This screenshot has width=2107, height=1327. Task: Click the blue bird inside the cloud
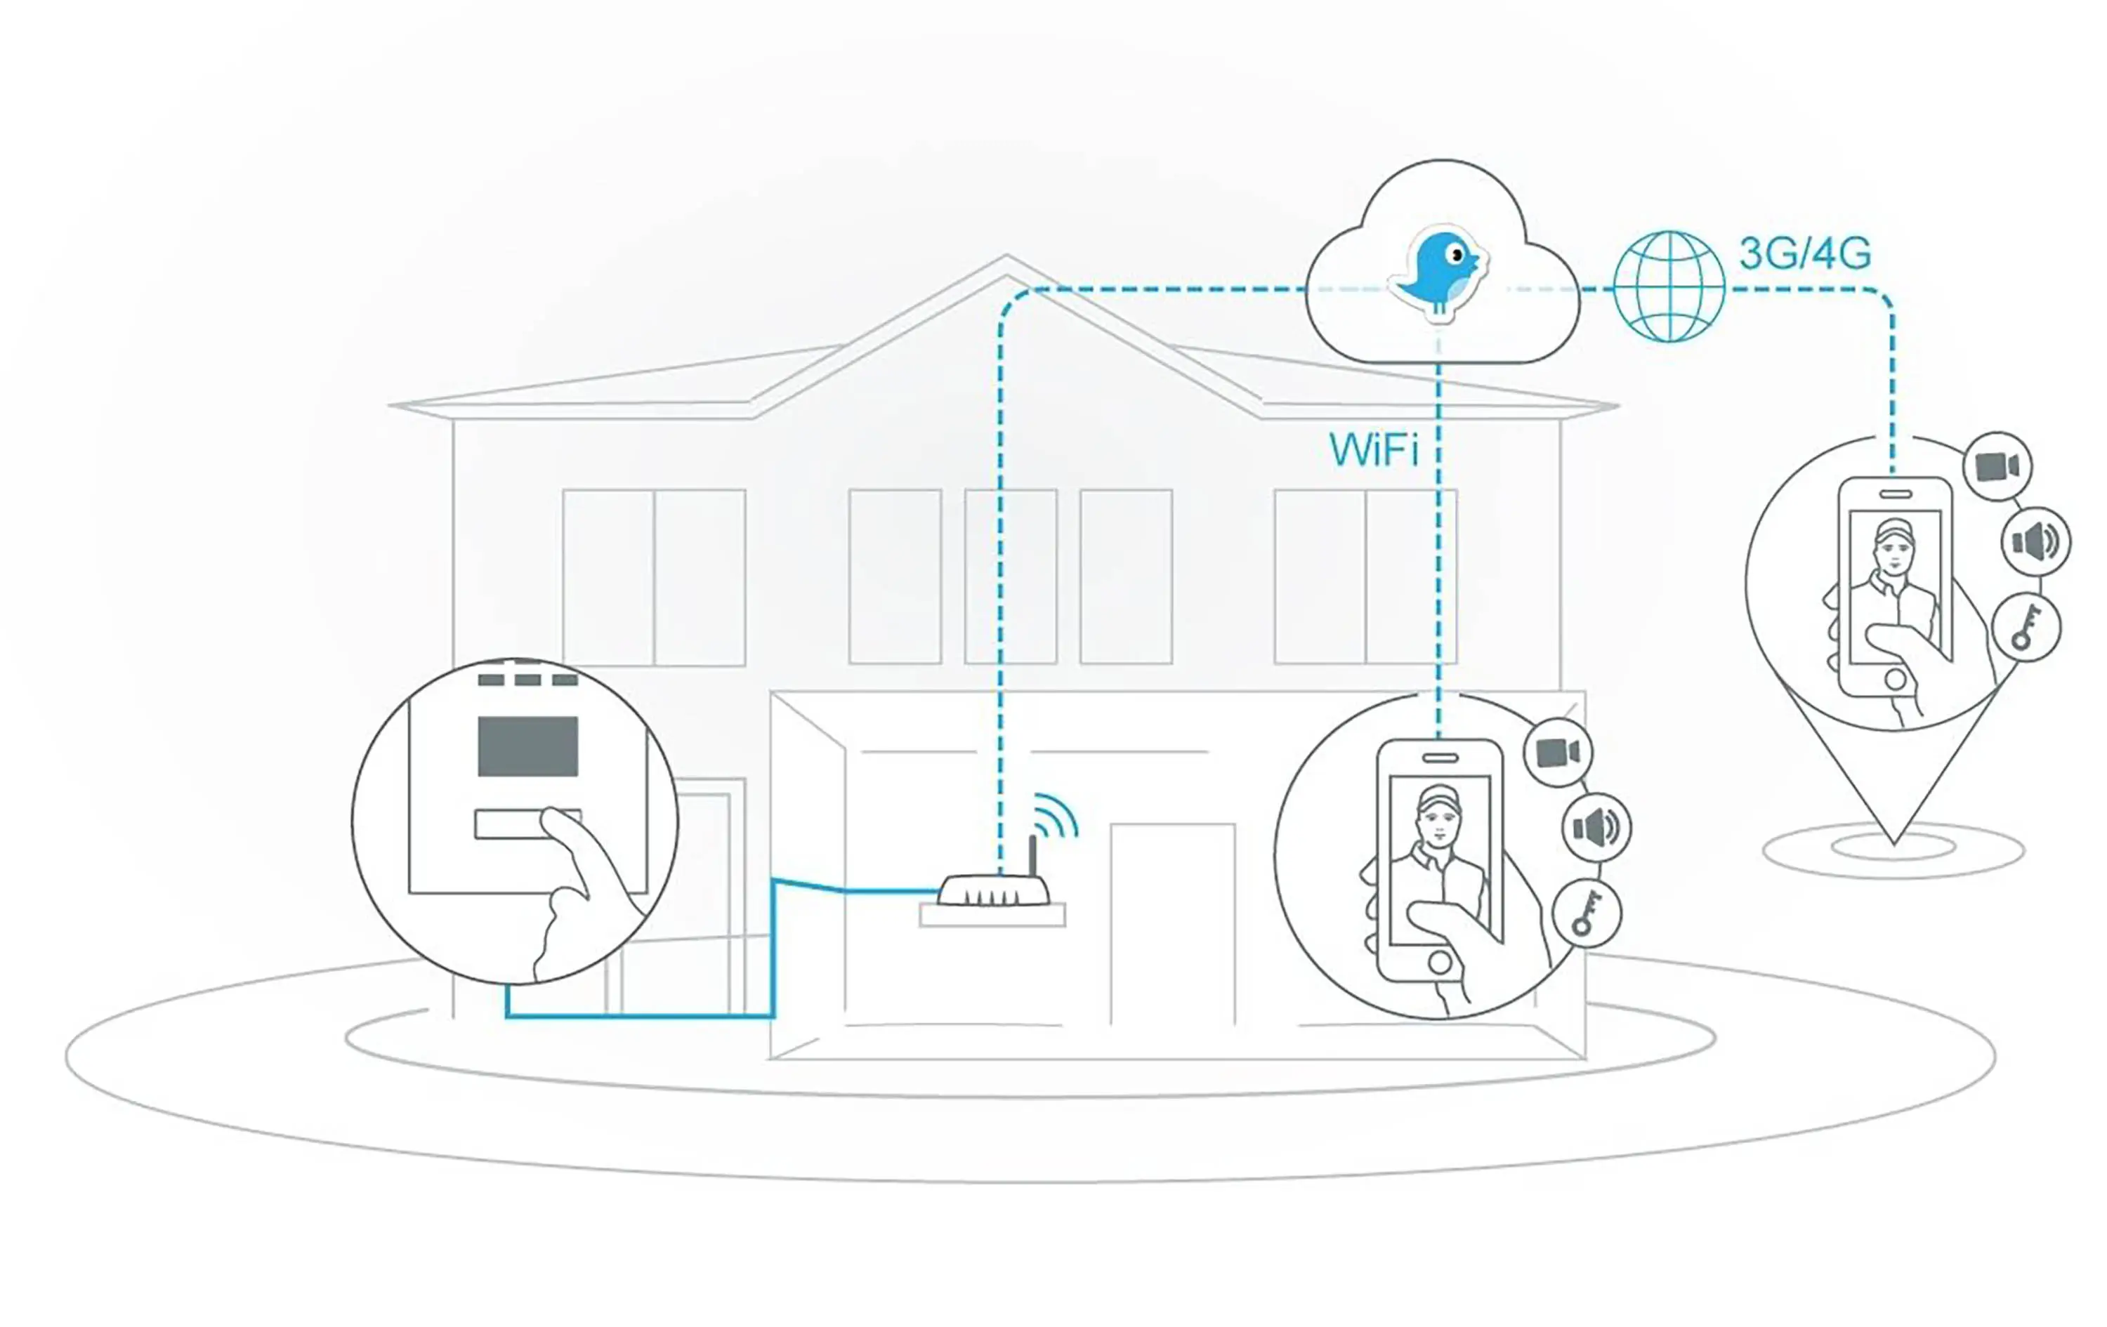[1439, 271]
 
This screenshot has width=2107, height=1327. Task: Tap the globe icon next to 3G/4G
[1669, 286]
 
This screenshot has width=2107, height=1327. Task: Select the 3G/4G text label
[1804, 253]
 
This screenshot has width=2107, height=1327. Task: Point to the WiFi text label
[1373, 449]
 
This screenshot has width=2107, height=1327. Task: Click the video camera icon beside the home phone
[1558, 752]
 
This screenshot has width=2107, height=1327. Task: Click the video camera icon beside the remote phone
[1997, 466]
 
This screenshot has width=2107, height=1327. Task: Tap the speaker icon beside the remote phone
[2035, 541]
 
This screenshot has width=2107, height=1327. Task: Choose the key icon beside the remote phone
[2026, 626]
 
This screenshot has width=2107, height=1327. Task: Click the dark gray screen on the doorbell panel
[527, 746]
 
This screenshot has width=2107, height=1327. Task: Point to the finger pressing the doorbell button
[560, 826]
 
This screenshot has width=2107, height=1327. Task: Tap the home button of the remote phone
[1896, 679]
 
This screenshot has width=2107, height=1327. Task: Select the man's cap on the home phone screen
[1438, 797]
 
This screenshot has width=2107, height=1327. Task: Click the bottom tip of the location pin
[1893, 843]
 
